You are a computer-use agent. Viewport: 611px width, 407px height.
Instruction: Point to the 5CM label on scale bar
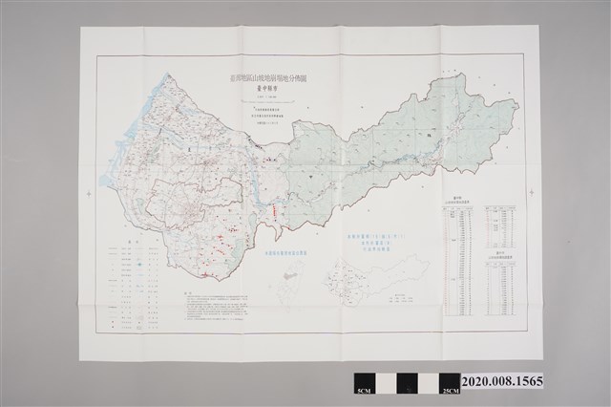pyautogui.click(x=362, y=393)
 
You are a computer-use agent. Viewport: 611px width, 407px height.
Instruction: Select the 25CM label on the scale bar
pyautogui.click(x=444, y=393)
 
